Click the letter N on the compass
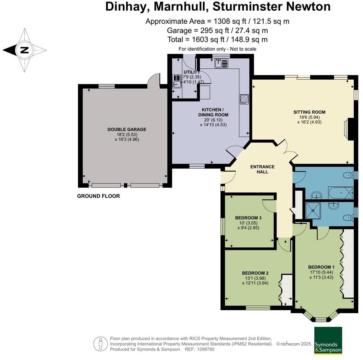[x=24, y=50]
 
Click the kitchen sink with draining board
[x=221, y=63]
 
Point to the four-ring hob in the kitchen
[x=244, y=99]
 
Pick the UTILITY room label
[x=191, y=72]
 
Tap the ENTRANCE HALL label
[x=262, y=169]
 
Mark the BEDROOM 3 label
[x=248, y=218]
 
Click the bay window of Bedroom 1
[x=320, y=318]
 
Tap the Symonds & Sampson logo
[x=328, y=340]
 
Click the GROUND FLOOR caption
[x=98, y=196]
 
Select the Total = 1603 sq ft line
[x=217, y=39]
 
